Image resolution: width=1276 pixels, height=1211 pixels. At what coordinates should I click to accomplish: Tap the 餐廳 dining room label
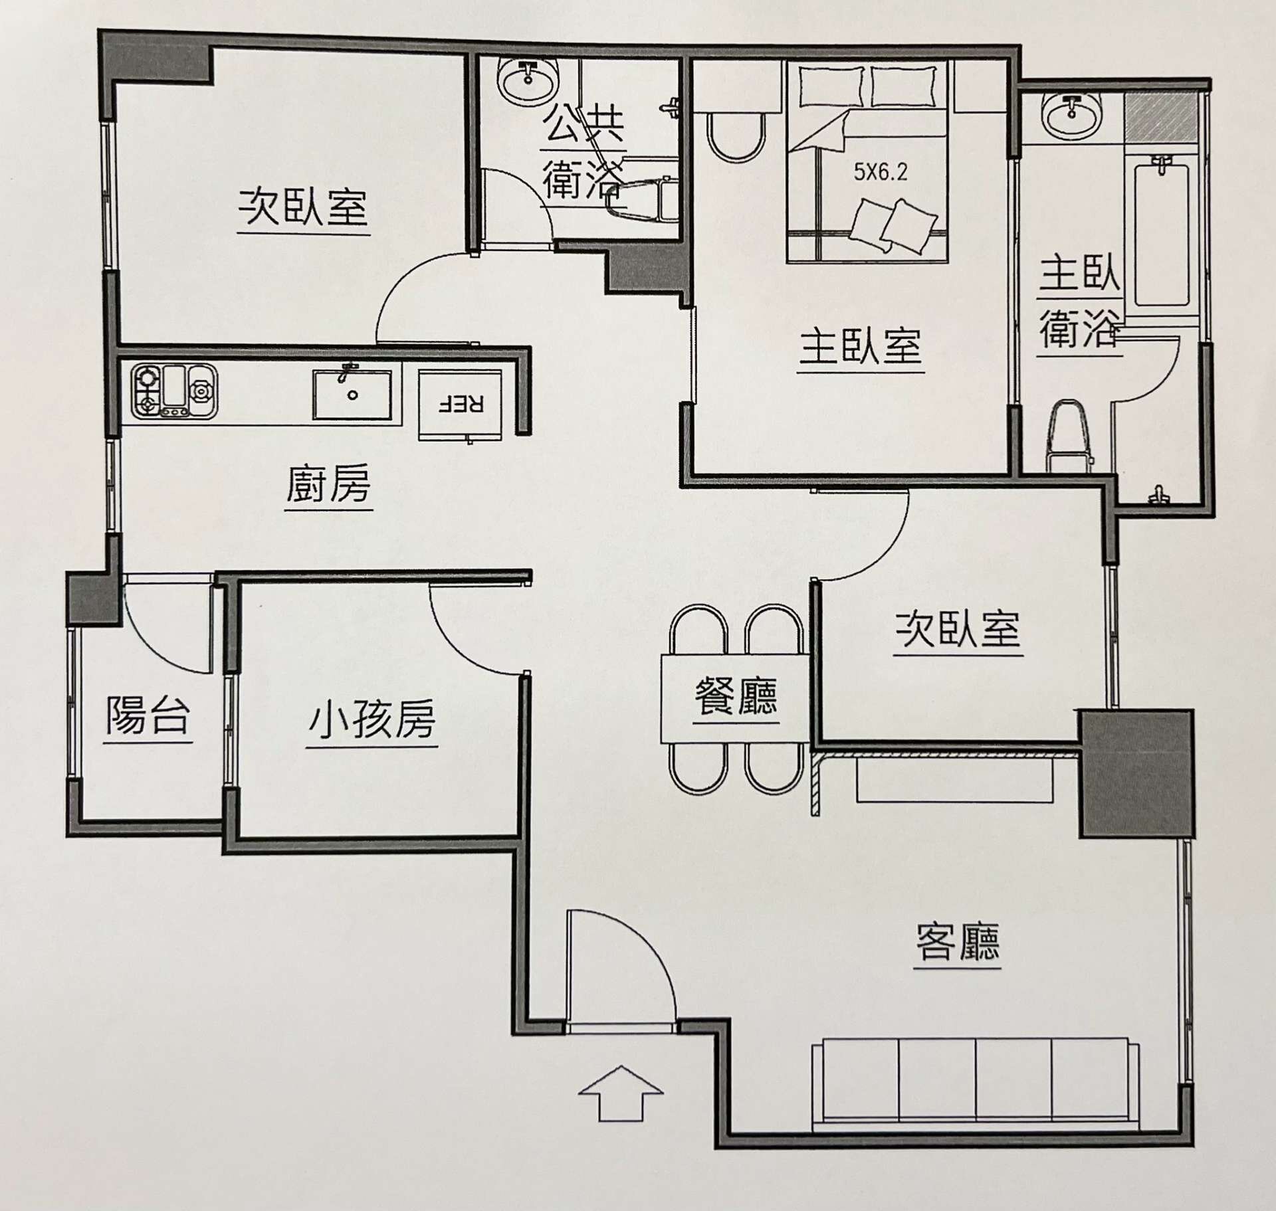click(x=736, y=696)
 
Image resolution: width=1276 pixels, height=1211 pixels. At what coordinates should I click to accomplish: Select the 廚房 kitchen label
click(x=328, y=484)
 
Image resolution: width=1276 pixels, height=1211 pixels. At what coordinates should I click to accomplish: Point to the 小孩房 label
click(x=372, y=720)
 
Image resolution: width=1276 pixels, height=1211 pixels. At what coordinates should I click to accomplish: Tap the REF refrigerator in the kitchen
click(x=460, y=404)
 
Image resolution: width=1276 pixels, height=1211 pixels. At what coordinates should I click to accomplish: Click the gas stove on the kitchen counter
click(x=174, y=391)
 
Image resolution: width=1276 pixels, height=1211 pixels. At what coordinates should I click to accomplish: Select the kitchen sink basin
click(x=352, y=395)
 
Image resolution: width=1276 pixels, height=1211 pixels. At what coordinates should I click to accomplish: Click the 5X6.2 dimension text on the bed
click(x=881, y=173)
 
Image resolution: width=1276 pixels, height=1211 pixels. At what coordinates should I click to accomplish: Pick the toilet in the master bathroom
click(x=1070, y=435)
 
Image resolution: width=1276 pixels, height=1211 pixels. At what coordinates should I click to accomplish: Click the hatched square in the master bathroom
click(x=1158, y=117)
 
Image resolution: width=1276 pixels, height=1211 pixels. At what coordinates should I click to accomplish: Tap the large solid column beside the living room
click(x=1135, y=773)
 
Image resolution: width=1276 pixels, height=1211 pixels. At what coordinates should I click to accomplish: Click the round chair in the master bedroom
click(x=736, y=136)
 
